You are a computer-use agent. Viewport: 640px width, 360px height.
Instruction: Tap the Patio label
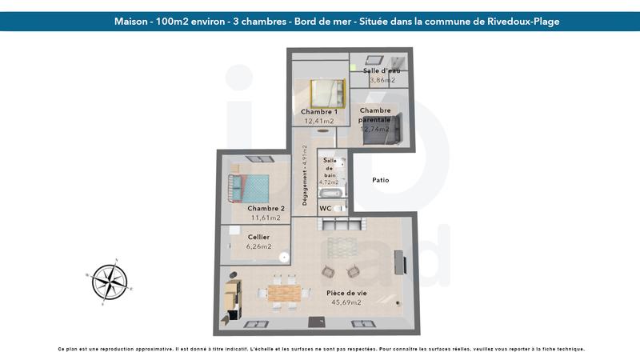pyautogui.click(x=381, y=180)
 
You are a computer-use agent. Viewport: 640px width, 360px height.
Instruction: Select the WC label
pyautogui.click(x=326, y=208)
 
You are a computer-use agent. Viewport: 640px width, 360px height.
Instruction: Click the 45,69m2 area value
pyautogui.click(x=345, y=302)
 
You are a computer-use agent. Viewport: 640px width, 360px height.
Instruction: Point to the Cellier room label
pyautogui.click(x=258, y=237)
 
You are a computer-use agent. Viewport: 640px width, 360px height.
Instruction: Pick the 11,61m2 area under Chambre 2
pyautogui.click(x=265, y=218)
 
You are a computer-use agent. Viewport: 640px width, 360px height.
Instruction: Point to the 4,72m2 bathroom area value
pyautogui.click(x=329, y=182)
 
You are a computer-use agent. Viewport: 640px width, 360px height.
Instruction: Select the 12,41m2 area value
pyautogui.click(x=319, y=121)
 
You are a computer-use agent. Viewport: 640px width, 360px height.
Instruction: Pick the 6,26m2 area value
pyautogui.click(x=258, y=246)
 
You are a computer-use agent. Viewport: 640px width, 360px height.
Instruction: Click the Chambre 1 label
pyautogui.click(x=318, y=111)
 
